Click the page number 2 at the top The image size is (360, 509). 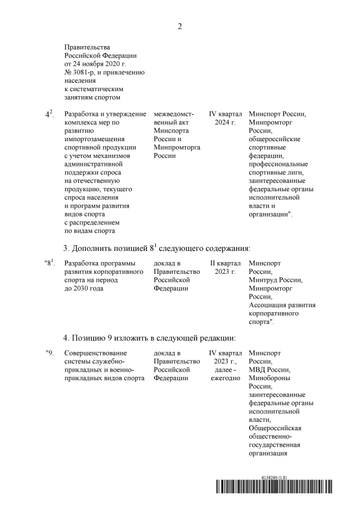click(180, 26)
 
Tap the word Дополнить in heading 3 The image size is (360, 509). click(100, 248)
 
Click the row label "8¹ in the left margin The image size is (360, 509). click(49, 263)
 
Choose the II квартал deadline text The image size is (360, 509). click(225, 263)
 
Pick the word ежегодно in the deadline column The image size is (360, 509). click(225, 378)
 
